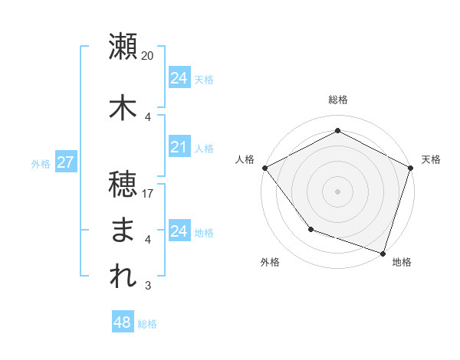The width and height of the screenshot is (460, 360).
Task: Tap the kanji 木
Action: pos(123,108)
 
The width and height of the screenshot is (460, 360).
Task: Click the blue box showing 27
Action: pos(65,163)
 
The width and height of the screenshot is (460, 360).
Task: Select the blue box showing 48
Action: pos(123,323)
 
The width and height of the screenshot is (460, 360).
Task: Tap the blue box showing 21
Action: pos(179,148)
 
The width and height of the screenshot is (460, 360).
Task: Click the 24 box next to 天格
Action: pos(179,79)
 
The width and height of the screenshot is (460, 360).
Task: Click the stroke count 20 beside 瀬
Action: pos(148,56)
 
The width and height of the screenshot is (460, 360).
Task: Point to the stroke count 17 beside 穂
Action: pos(148,193)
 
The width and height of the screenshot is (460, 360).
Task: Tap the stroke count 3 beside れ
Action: pos(148,286)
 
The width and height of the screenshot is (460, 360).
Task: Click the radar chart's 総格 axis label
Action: pos(337,100)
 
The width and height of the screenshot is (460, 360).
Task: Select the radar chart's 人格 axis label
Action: pos(245,159)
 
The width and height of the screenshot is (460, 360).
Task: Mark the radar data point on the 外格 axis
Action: pos(310,229)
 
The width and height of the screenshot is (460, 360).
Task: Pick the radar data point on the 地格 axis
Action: pos(383,253)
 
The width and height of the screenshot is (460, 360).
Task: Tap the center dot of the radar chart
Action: pos(337,191)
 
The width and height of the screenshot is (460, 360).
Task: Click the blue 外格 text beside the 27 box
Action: pos(40,164)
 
